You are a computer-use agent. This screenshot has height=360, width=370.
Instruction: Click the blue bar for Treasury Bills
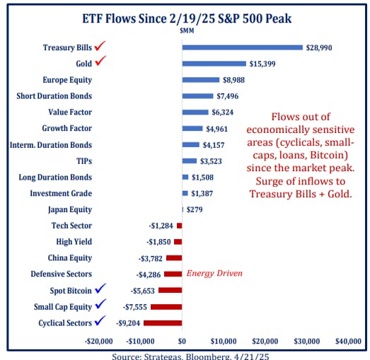point(242,47)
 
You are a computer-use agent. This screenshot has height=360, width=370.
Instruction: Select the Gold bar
point(214,64)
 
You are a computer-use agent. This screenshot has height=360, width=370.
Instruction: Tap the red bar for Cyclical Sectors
point(163,323)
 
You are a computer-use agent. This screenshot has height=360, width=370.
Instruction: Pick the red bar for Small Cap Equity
point(166,306)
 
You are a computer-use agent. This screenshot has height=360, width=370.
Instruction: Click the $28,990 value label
point(319,47)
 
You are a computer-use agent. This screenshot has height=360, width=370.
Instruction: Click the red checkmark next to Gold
point(100,62)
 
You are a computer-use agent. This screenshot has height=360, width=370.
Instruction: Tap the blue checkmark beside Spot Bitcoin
point(100,289)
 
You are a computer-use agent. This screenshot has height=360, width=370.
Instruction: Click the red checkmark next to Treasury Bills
point(100,46)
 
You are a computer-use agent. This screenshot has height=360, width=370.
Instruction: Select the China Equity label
point(69,258)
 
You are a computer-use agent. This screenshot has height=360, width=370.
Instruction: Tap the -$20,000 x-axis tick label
point(98,341)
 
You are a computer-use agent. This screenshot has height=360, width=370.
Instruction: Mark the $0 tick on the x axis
point(182,341)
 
